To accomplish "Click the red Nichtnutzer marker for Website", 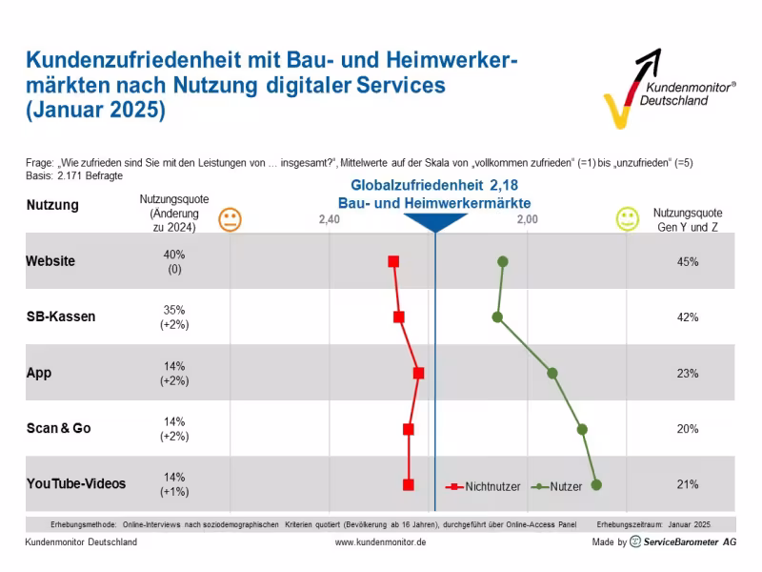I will click(393, 261).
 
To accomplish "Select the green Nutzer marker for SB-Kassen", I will click(497, 317).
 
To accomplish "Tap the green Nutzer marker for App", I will click(552, 373).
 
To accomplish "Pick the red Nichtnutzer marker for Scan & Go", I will click(409, 429).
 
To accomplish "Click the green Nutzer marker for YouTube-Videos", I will click(596, 484).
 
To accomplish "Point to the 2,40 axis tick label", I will click(329, 220).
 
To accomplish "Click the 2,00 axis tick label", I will click(527, 220).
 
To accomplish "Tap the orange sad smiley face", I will click(230, 220).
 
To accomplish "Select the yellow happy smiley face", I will click(627, 220).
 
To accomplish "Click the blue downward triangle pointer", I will click(435, 222).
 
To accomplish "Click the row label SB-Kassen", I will click(61, 317).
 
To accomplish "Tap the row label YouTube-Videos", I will click(76, 484).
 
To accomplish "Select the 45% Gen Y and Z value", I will click(688, 261).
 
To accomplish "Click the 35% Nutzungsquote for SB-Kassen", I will click(174, 310).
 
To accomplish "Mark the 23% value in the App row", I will click(688, 373).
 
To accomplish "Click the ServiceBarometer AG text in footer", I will click(690, 542).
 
